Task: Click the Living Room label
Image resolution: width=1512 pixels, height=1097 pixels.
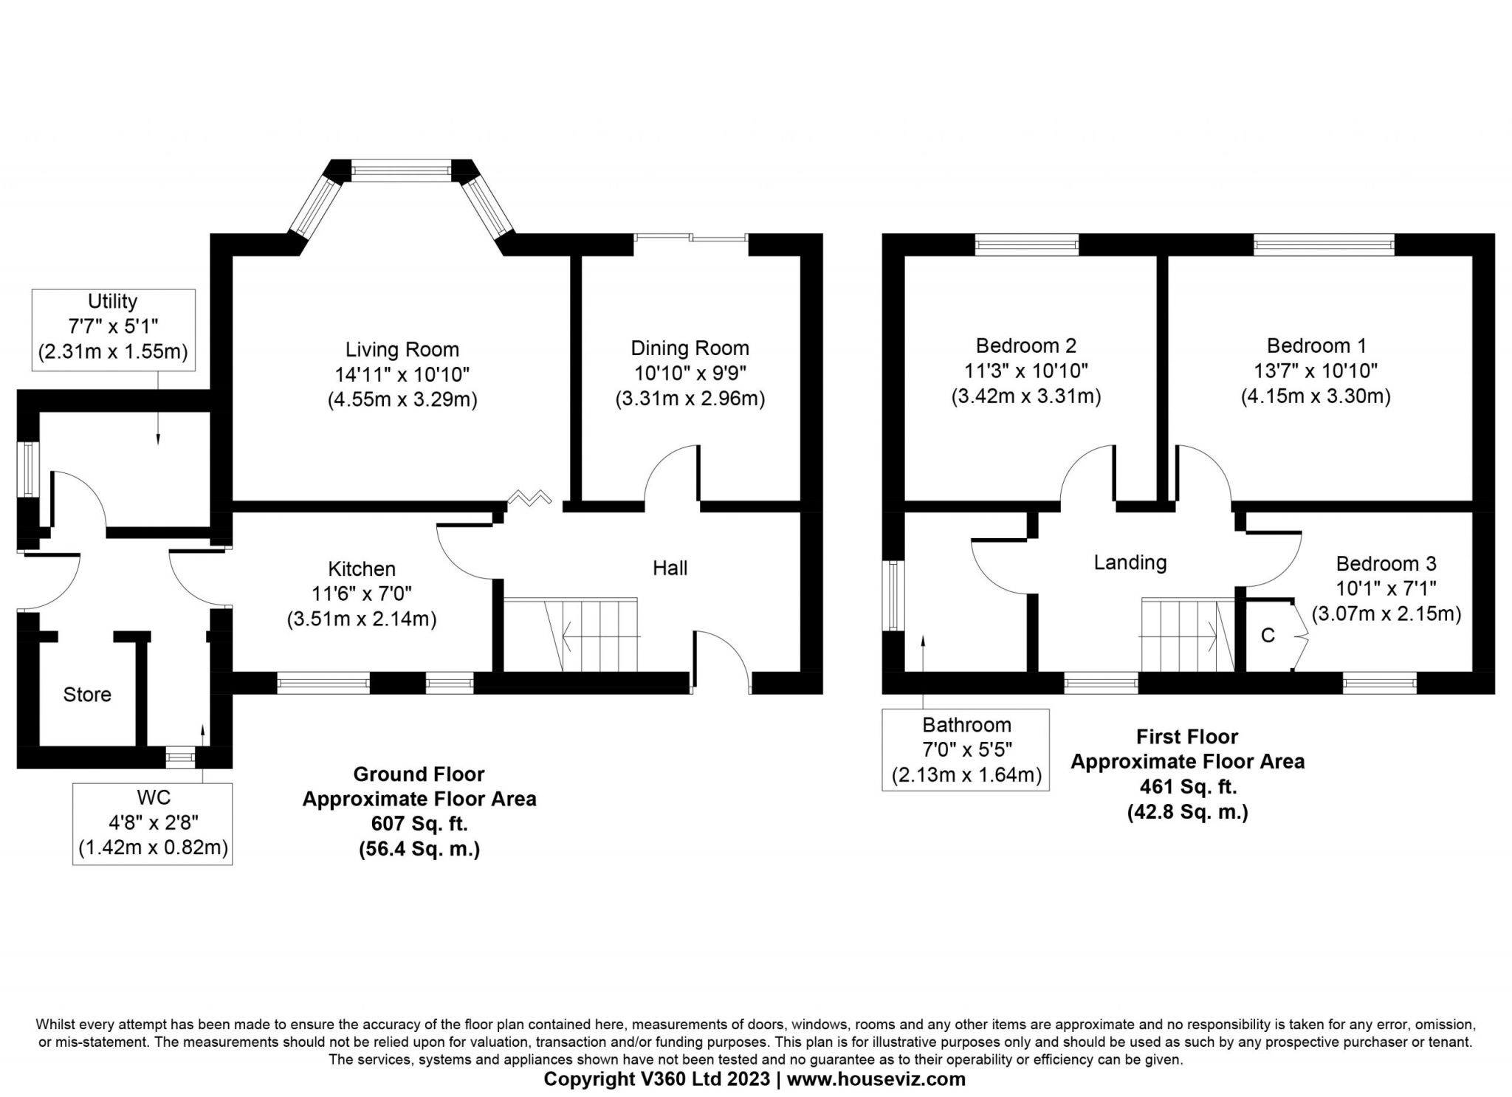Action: tap(402, 349)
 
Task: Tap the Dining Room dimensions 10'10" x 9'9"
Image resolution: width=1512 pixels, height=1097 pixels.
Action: tap(690, 373)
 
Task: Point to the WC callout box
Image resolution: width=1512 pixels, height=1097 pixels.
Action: tap(153, 823)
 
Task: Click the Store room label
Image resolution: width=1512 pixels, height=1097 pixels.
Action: tap(87, 694)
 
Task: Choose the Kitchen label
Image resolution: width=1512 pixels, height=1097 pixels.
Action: tap(362, 568)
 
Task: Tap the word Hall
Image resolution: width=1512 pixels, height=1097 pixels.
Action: tap(670, 568)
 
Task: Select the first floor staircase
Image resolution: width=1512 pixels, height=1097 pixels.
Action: tap(1188, 635)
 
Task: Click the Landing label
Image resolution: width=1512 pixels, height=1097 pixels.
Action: tap(1130, 563)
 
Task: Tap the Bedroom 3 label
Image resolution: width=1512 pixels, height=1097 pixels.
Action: tap(1386, 564)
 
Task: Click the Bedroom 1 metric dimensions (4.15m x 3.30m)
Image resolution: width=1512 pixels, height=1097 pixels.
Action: tap(1316, 396)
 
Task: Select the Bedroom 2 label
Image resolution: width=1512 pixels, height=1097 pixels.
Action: tap(1025, 345)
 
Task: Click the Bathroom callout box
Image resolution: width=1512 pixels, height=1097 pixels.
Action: tap(966, 749)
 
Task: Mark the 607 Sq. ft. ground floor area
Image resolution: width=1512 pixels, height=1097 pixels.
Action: tap(419, 823)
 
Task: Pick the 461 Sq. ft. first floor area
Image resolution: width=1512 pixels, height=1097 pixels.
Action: tap(1188, 786)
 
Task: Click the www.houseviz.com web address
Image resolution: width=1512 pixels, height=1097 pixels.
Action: tap(876, 1079)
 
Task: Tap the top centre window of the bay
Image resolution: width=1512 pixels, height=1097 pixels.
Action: tap(400, 171)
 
